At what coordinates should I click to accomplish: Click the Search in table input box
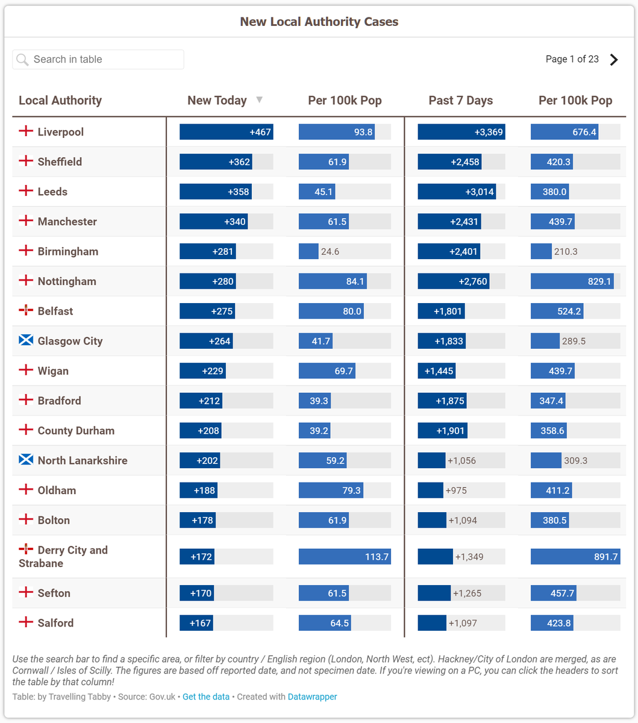(98, 59)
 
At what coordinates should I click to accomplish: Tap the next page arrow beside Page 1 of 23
(614, 60)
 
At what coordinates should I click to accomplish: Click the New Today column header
(217, 100)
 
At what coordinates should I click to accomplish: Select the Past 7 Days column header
(460, 100)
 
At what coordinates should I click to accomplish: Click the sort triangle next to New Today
(260, 99)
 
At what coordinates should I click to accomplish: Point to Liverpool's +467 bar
(227, 132)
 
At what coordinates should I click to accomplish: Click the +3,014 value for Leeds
(479, 192)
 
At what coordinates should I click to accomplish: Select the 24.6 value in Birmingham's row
(330, 252)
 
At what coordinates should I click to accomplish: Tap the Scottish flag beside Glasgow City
(26, 340)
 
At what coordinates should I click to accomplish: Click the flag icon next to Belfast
(26, 310)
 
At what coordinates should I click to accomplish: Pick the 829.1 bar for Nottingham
(572, 281)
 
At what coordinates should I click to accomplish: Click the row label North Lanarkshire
(83, 460)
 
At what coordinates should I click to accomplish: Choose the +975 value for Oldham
(456, 490)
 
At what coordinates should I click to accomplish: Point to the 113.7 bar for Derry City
(345, 556)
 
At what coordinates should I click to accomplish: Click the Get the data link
(206, 696)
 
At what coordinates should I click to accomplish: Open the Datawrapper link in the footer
(312, 696)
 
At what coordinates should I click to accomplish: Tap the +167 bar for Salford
(196, 623)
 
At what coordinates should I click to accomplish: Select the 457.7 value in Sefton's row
(562, 593)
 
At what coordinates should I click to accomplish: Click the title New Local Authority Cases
(319, 22)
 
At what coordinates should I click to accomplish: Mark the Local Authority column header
(60, 100)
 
